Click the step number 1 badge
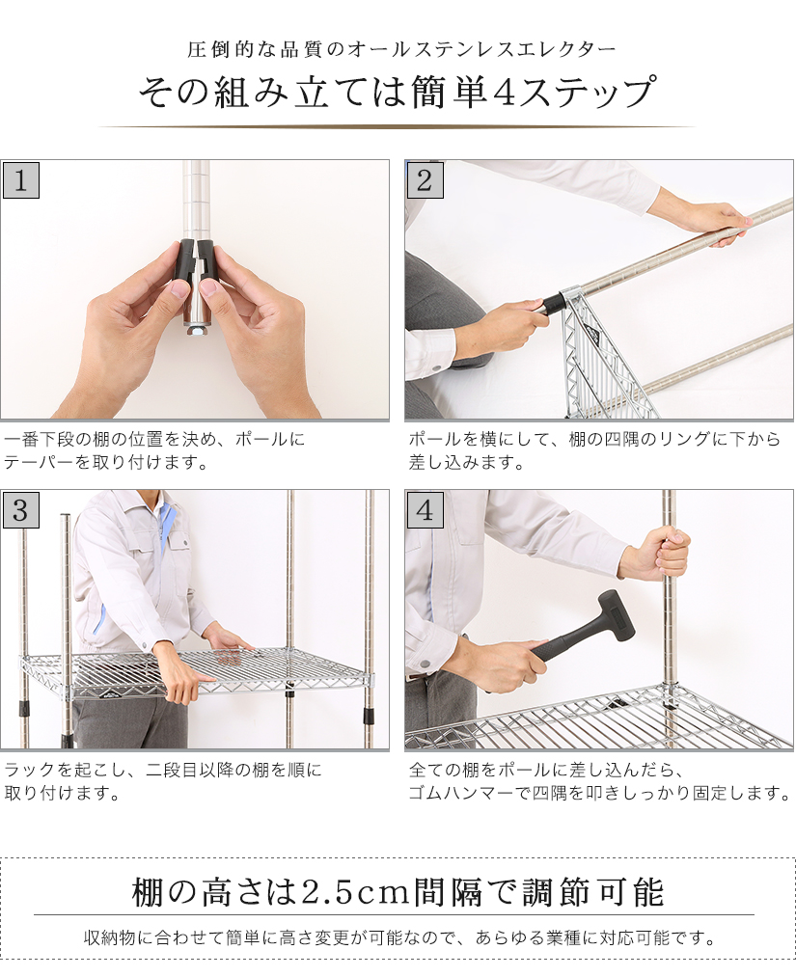(x=21, y=180)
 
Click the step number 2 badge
(x=425, y=180)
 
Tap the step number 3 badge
(x=21, y=510)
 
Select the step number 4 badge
(x=425, y=510)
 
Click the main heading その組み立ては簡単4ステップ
(x=397, y=94)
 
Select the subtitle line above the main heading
(x=397, y=49)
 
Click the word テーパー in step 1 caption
(x=32, y=462)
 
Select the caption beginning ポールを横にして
(x=593, y=450)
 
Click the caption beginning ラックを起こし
(x=164, y=781)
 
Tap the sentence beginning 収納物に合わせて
(x=398, y=937)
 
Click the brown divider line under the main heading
(x=397, y=126)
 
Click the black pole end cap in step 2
(x=552, y=305)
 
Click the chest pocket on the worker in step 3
(x=178, y=554)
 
